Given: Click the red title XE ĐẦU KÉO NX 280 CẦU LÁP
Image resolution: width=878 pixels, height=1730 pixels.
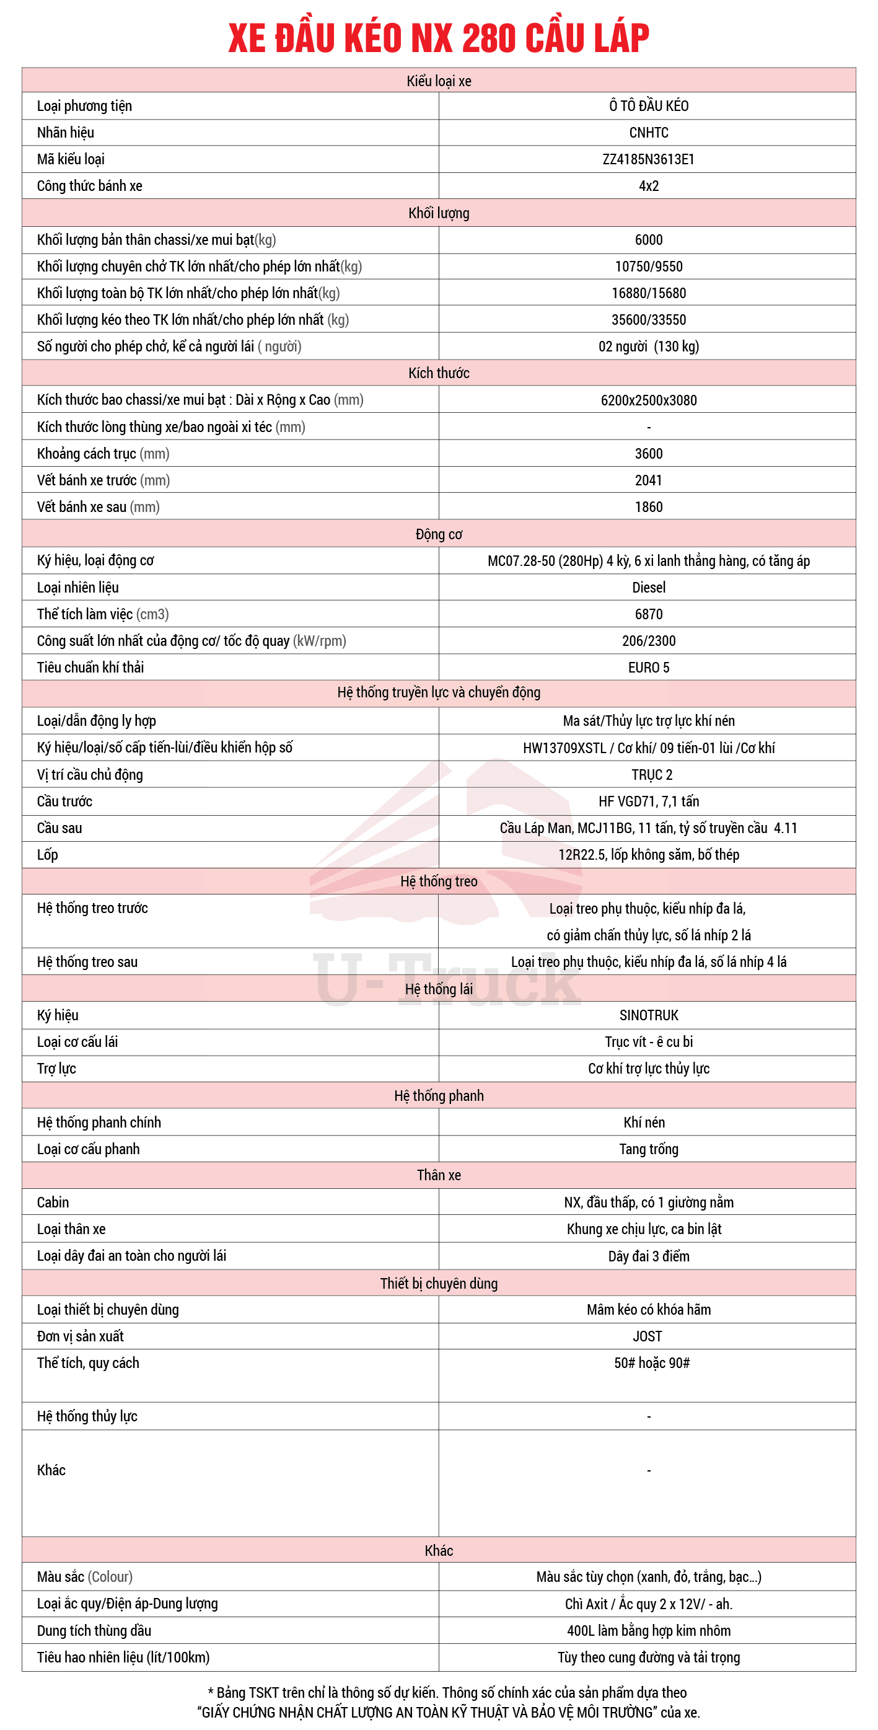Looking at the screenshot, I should (438, 38).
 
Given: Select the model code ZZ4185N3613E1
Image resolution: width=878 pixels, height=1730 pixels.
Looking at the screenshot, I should (648, 159).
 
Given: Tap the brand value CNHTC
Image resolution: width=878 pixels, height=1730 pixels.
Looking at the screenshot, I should (648, 132).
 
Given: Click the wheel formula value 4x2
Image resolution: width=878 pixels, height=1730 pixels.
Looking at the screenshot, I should (648, 186).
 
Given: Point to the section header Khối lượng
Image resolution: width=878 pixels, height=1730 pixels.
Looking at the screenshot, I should (438, 213).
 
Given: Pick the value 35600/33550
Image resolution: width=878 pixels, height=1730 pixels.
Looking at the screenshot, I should (648, 320).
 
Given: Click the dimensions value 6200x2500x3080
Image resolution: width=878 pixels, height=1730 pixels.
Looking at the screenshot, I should (648, 400).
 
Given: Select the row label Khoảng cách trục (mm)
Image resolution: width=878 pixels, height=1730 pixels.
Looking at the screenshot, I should (103, 453).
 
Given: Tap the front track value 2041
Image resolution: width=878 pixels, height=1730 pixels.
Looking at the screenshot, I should (648, 480).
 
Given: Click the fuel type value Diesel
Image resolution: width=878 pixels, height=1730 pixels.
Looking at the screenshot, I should (648, 588).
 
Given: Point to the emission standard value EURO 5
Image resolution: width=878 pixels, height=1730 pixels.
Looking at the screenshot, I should (648, 668).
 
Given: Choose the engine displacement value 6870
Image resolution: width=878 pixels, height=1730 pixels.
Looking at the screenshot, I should (648, 614).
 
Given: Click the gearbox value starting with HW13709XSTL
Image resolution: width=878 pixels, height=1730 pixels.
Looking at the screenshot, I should (648, 748).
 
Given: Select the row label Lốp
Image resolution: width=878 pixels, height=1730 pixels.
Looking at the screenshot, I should (47, 855).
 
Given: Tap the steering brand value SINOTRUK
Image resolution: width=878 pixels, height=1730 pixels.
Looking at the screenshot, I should (648, 1015).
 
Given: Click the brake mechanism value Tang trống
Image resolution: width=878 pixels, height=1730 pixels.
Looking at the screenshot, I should (648, 1149).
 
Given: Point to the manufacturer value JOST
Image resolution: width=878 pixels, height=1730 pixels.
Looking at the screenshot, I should (647, 1336).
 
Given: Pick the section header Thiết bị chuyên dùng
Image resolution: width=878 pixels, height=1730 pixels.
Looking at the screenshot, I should (438, 1283).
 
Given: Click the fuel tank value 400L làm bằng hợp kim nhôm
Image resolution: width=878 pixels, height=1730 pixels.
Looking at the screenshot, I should (648, 1631).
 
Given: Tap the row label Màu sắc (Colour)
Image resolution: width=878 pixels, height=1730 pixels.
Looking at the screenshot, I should (84, 1577).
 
